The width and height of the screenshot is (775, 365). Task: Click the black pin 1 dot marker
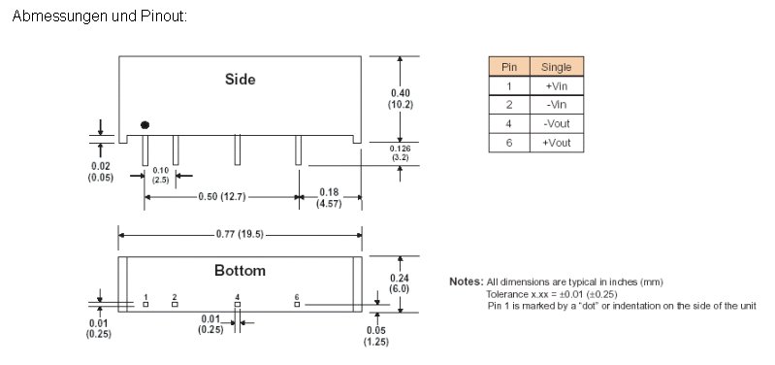145,125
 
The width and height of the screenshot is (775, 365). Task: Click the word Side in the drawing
241,80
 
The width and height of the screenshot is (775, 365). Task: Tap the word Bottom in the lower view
240,271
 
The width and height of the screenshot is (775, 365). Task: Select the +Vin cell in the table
557,85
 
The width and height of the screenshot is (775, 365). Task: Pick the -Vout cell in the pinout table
557,123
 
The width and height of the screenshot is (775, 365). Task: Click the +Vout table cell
557,143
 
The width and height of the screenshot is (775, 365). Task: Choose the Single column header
557,67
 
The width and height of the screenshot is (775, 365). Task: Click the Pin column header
509,67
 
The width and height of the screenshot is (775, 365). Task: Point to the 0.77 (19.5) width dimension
241,234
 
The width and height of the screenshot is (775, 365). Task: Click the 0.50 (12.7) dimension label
222,197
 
